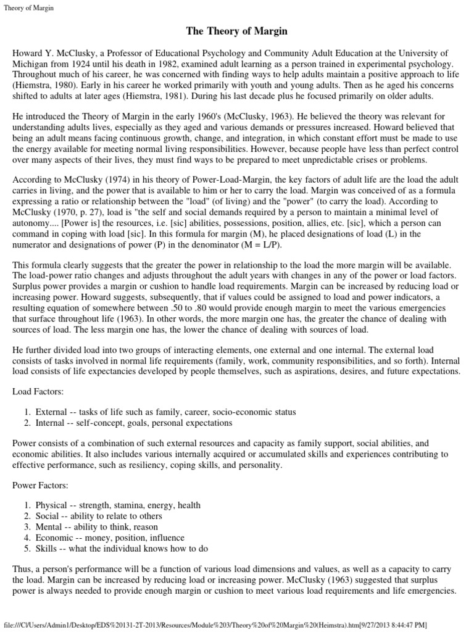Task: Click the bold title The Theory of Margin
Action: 237,31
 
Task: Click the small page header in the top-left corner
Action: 28,7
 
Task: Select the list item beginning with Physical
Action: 117,505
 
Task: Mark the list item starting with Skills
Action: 122,549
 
